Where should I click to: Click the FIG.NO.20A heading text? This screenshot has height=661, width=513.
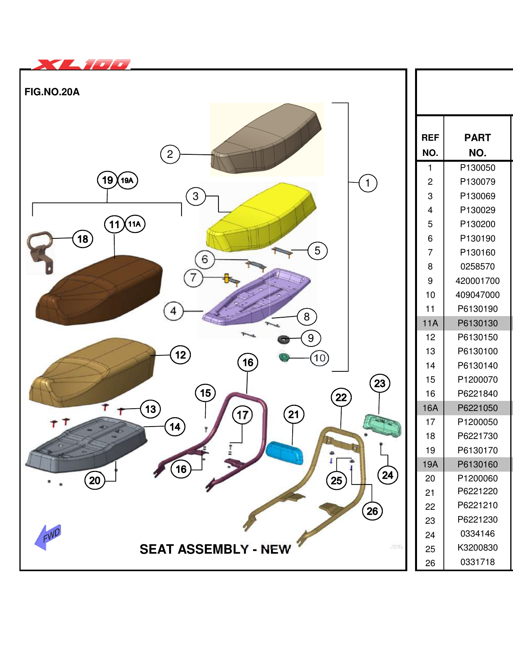point(52,92)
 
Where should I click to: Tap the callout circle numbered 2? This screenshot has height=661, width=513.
point(170,154)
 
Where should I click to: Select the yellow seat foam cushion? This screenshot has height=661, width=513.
point(260,220)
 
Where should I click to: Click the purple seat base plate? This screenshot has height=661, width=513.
point(256,297)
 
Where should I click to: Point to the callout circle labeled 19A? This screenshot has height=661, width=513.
point(127,180)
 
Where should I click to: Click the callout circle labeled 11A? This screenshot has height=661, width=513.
point(135,224)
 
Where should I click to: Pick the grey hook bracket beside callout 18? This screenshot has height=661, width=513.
point(40,251)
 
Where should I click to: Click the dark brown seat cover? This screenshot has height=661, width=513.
point(99,292)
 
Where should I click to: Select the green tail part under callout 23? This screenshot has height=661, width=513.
point(382,426)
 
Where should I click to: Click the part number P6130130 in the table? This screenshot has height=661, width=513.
point(477,323)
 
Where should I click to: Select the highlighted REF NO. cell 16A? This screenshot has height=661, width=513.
point(430,408)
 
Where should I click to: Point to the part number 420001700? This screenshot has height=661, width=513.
point(477,281)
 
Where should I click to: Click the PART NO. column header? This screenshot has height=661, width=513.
point(477,145)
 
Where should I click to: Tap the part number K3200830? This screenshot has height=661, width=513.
point(477,547)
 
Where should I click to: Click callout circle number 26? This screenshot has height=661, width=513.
point(372,511)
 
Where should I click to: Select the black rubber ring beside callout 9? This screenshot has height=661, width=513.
point(284,339)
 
